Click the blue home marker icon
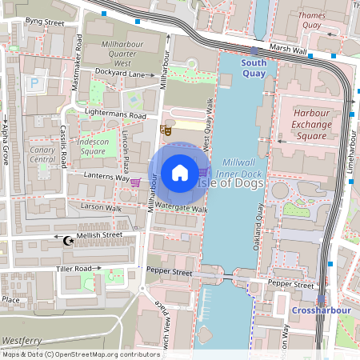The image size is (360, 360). coord(180,172)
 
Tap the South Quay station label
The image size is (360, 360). coord(254,67)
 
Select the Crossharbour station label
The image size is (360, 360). coord(318,310)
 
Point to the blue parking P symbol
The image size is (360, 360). coord(34,82)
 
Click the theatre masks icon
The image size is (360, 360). coord(166,129)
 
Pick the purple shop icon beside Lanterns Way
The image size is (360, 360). coord(135,182)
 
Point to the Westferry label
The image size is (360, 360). coord(22,340)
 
